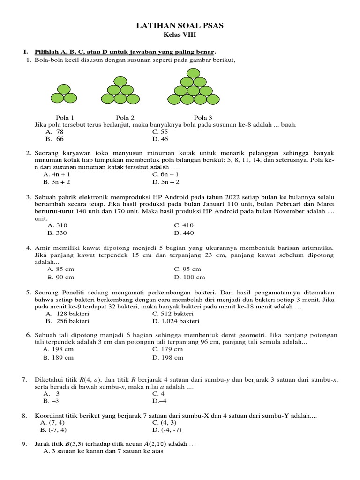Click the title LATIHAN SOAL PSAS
[x=180, y=26]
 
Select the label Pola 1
[x=65, y=118]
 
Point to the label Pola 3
[x=203, y=118]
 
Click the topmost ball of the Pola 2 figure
[x=120, y=81]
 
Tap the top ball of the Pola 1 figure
[x=64, y=89]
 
